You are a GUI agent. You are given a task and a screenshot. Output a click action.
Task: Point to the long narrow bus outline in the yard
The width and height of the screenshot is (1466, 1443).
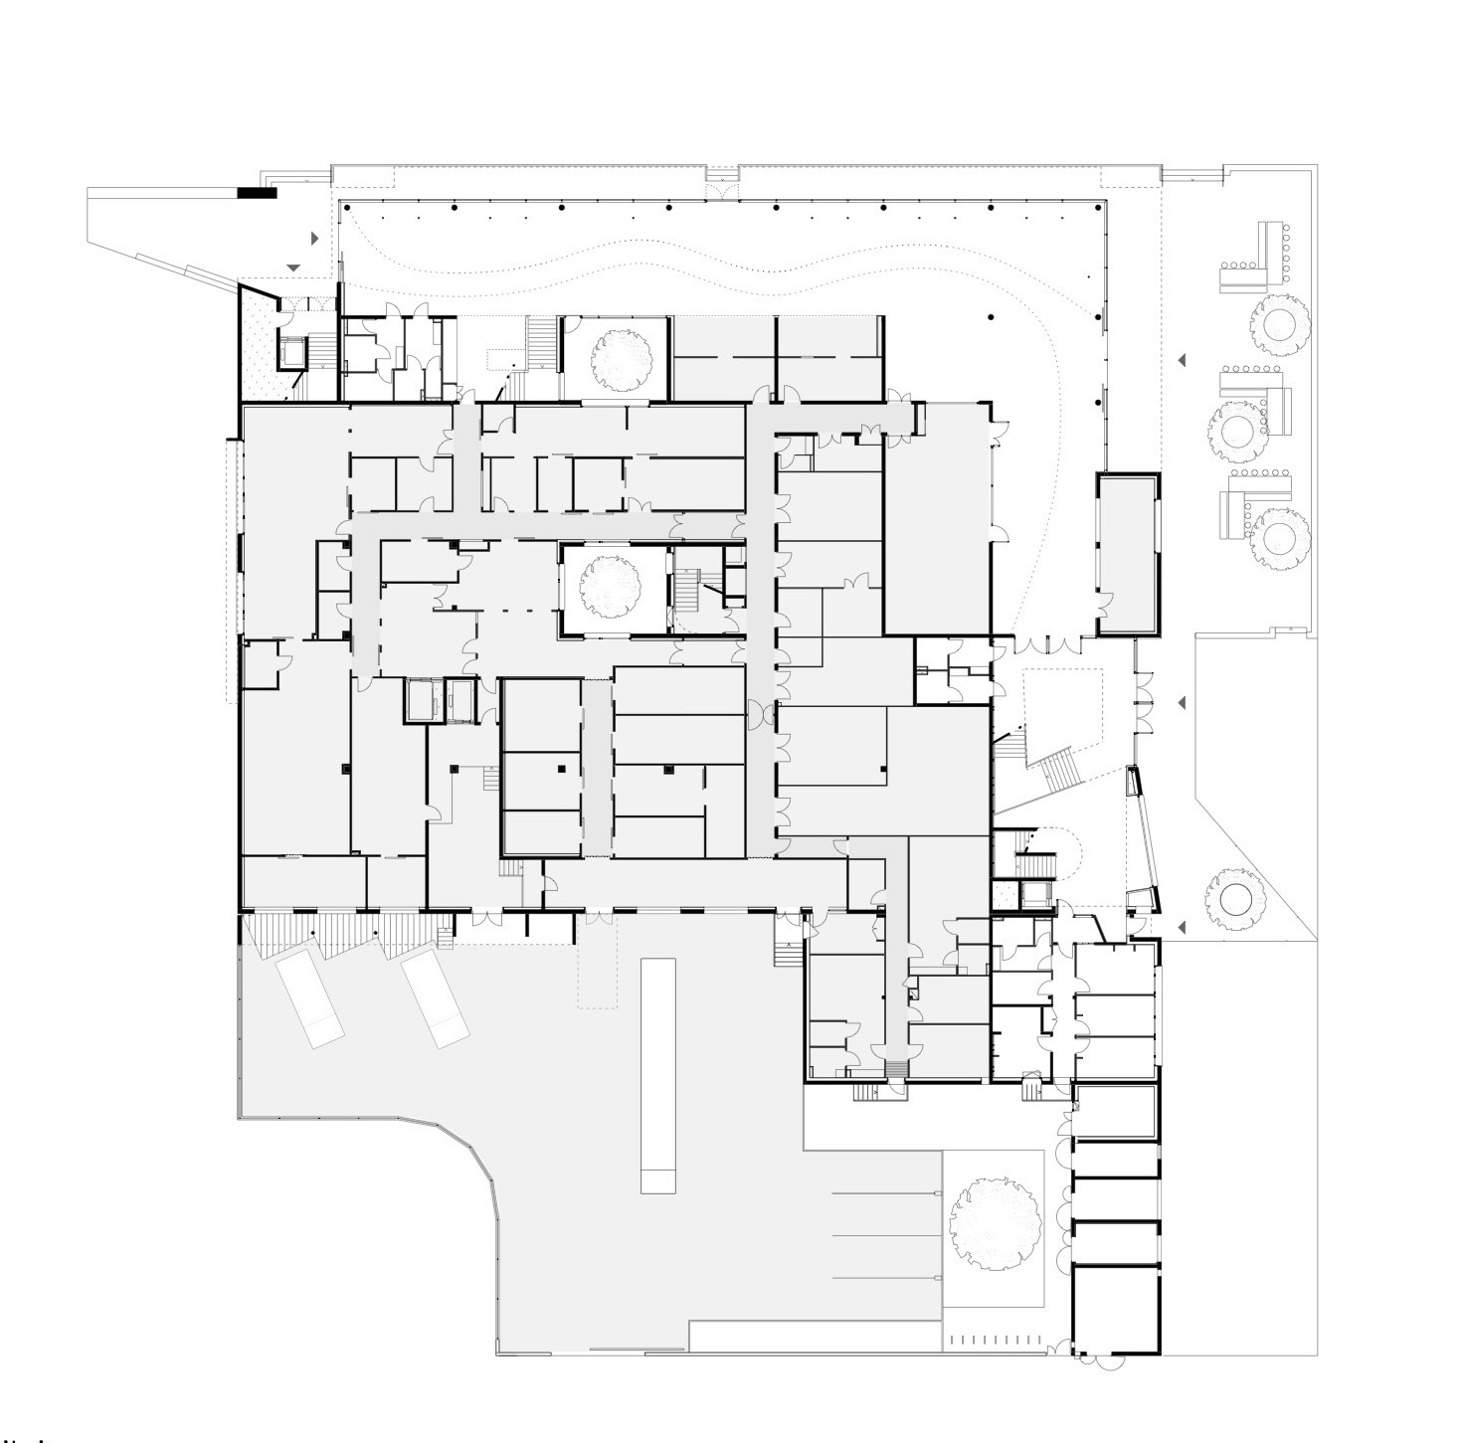(x=658, y=1074)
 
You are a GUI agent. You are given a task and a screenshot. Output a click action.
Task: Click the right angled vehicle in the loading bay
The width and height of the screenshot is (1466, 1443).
(x=435, y=997)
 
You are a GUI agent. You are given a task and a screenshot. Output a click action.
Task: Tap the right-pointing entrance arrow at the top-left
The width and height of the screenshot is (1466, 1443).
(x=315, y=239)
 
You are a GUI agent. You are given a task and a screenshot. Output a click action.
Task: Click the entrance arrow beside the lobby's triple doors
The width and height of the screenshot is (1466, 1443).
(x=1182, y=703)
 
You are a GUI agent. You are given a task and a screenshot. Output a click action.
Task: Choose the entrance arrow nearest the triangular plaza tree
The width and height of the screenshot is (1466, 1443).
(x=1182, y=928)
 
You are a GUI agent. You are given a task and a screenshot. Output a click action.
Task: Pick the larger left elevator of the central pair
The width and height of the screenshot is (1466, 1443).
(x=421, y=698)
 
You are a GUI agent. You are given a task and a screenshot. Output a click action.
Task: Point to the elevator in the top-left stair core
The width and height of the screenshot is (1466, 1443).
(x=293, y=350)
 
